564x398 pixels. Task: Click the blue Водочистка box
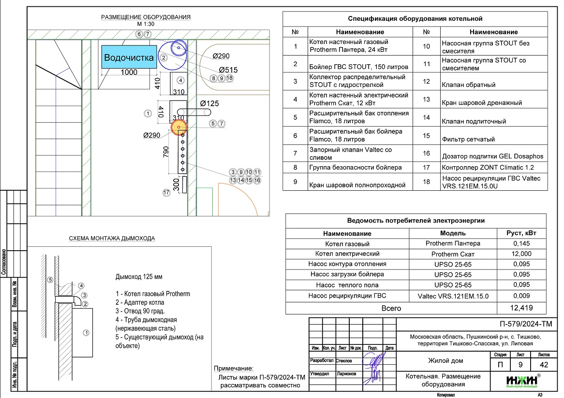(x=129, y=57)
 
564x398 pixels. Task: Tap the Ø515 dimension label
(x=228, y=70)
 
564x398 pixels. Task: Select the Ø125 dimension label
(x=209, y=103)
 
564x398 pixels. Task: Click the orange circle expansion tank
(x=179, y=127)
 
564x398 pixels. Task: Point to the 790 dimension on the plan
(x=166, y=152)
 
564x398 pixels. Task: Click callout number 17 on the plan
(x=166, y=193)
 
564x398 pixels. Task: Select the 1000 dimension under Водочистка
(x=129, y=72)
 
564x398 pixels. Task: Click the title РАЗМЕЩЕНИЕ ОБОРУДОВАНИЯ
(x=146, y=17)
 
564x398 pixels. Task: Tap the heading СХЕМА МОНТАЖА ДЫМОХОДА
(x=112, y=238)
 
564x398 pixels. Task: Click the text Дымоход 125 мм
(x=139, y=277)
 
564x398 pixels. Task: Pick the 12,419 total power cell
(x=521, y=308)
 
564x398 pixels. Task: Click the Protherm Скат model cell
(x=453, y=254)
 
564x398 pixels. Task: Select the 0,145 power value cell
(x=521, y=243)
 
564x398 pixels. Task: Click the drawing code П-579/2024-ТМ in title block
(x=525, y=324)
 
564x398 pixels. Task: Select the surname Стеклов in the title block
(x=344, y=361)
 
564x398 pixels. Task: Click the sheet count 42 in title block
(x=544, y=365)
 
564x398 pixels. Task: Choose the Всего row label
(x=391, y=308)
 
